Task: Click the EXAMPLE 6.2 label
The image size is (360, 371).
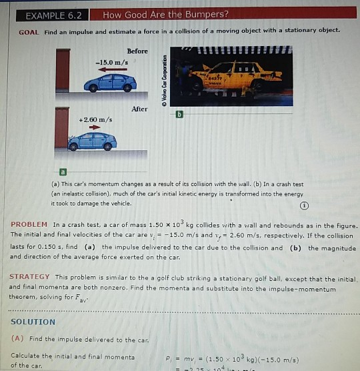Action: [x=53, y=14]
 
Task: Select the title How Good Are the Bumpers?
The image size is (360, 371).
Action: [x=165, y=14]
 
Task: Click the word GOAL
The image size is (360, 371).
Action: [x=29, y=31]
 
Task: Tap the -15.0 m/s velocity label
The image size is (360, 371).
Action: [x=109, y=62]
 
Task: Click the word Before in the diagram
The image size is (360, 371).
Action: [x=137, y=51]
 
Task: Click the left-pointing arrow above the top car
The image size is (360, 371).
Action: [x=109, y=69]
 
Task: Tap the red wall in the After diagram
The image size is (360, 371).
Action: [x=62, y=127]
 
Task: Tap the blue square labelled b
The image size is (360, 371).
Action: [x=178, y=115]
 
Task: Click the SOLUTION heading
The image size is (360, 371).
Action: [x=33, y=322]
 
